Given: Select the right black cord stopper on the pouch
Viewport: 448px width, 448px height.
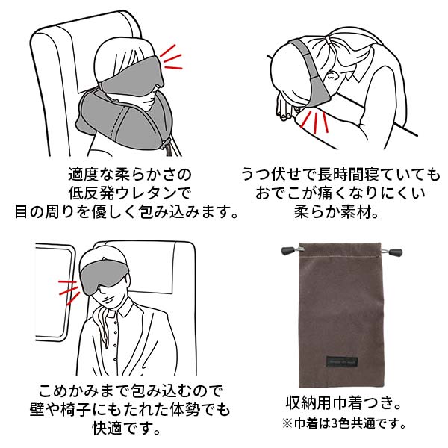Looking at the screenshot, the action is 394,252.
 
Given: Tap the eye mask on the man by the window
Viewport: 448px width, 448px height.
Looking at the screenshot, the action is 104,275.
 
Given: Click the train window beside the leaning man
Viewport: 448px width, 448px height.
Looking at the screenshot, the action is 55,292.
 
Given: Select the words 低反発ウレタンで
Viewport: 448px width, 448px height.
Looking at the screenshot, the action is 129,193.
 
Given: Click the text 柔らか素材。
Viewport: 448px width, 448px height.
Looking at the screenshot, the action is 336,212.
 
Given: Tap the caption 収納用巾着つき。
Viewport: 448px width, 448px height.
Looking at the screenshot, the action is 343,403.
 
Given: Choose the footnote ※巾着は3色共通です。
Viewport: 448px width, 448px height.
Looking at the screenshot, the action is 343,423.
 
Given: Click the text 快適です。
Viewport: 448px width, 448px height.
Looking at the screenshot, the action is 126,429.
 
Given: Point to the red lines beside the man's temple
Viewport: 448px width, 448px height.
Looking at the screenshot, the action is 68,292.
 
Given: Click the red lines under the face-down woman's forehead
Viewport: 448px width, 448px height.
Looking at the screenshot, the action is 315,122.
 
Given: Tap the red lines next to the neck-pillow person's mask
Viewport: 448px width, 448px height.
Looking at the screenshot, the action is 171,57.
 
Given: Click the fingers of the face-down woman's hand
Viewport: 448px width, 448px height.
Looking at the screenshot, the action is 285,107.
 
